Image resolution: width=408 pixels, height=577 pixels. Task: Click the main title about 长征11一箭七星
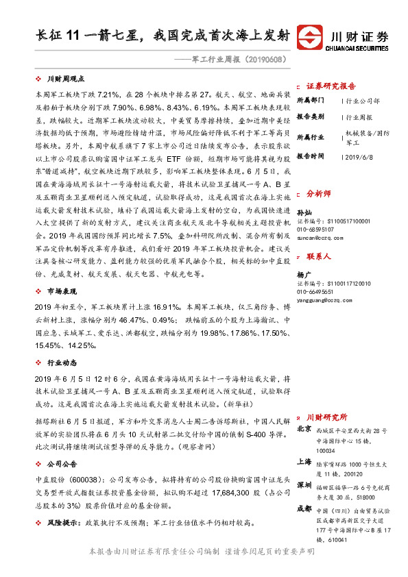click(x=162, y=36)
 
